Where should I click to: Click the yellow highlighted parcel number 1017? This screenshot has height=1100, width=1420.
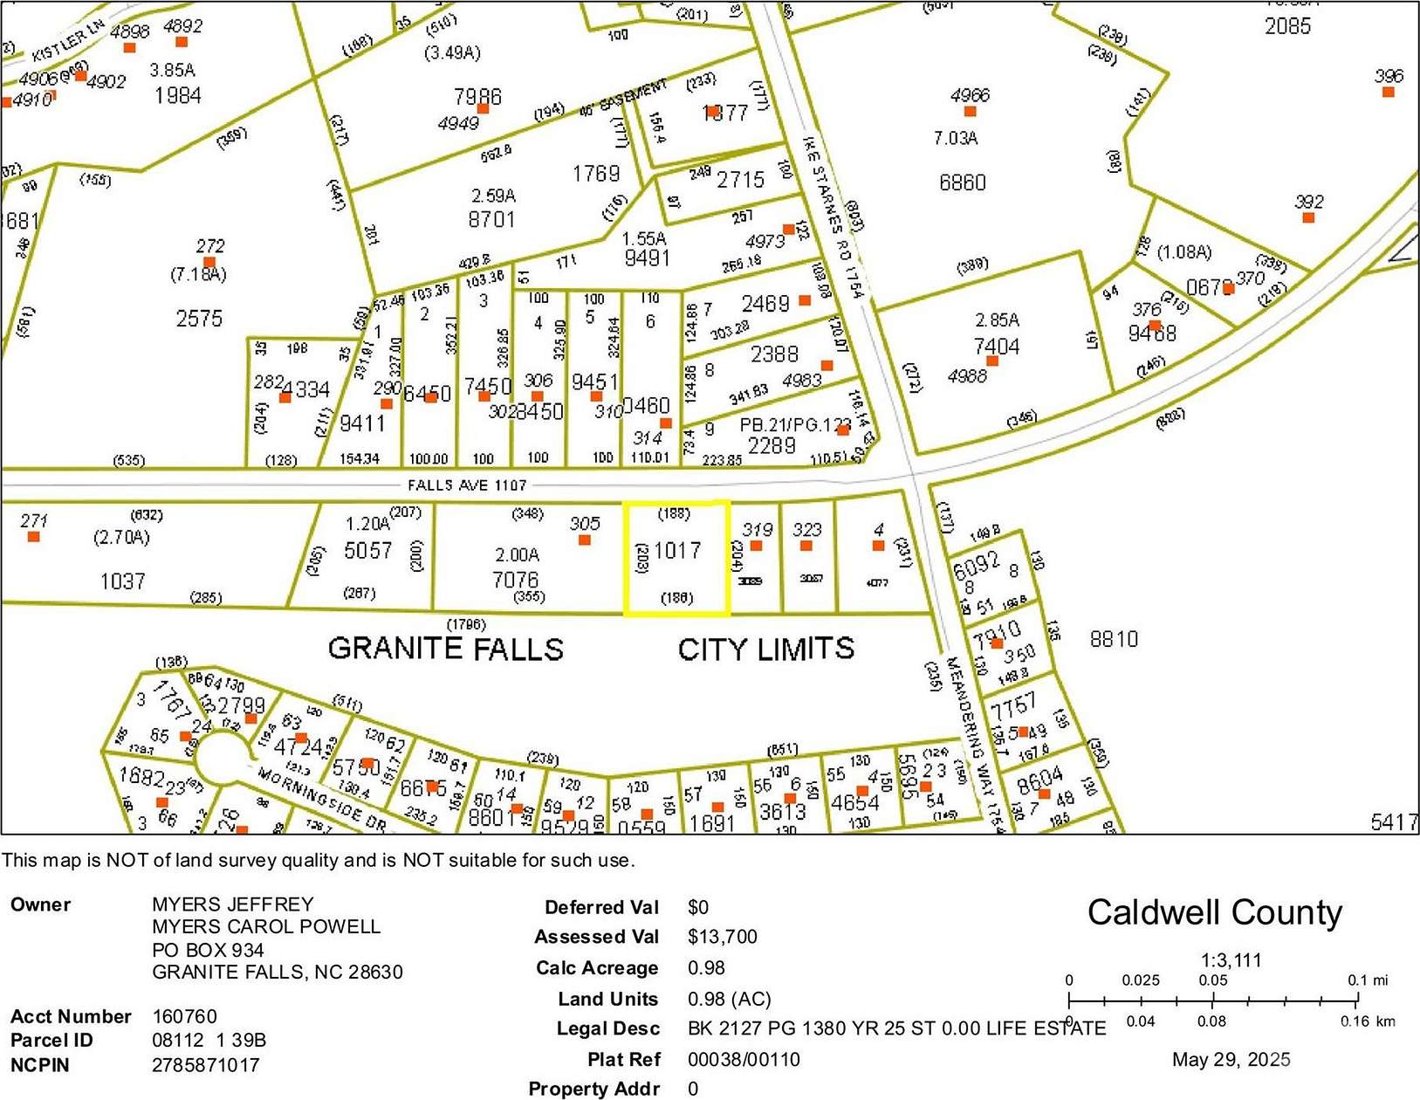point(677,551)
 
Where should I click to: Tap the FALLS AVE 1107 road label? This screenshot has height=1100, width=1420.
point(467,485)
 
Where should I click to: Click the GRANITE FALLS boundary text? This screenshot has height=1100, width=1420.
point(445,649)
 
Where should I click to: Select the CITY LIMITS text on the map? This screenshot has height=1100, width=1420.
point(765,649)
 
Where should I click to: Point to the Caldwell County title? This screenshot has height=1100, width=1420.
point(1214,912)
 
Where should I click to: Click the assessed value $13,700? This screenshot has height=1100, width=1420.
point(722,937)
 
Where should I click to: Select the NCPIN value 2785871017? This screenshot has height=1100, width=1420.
point(205,1065)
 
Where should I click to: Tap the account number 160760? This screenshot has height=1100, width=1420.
point(184,1016)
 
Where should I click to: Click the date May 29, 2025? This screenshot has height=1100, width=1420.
point(1231,1060)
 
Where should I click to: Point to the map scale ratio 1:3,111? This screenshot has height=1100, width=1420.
point(1231,960)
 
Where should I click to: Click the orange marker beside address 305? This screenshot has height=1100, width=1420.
point(585,540)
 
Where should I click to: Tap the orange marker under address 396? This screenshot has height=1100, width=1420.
point(1388,92)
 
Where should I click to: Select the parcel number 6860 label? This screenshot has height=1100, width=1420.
point(962,182)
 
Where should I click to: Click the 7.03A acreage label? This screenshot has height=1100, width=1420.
point(956,138)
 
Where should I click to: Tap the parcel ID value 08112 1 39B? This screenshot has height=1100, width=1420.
point(209,1041)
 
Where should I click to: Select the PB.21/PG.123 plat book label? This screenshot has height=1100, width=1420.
point(794,425)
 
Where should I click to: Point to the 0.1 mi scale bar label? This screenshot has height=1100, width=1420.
point(1368,980)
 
